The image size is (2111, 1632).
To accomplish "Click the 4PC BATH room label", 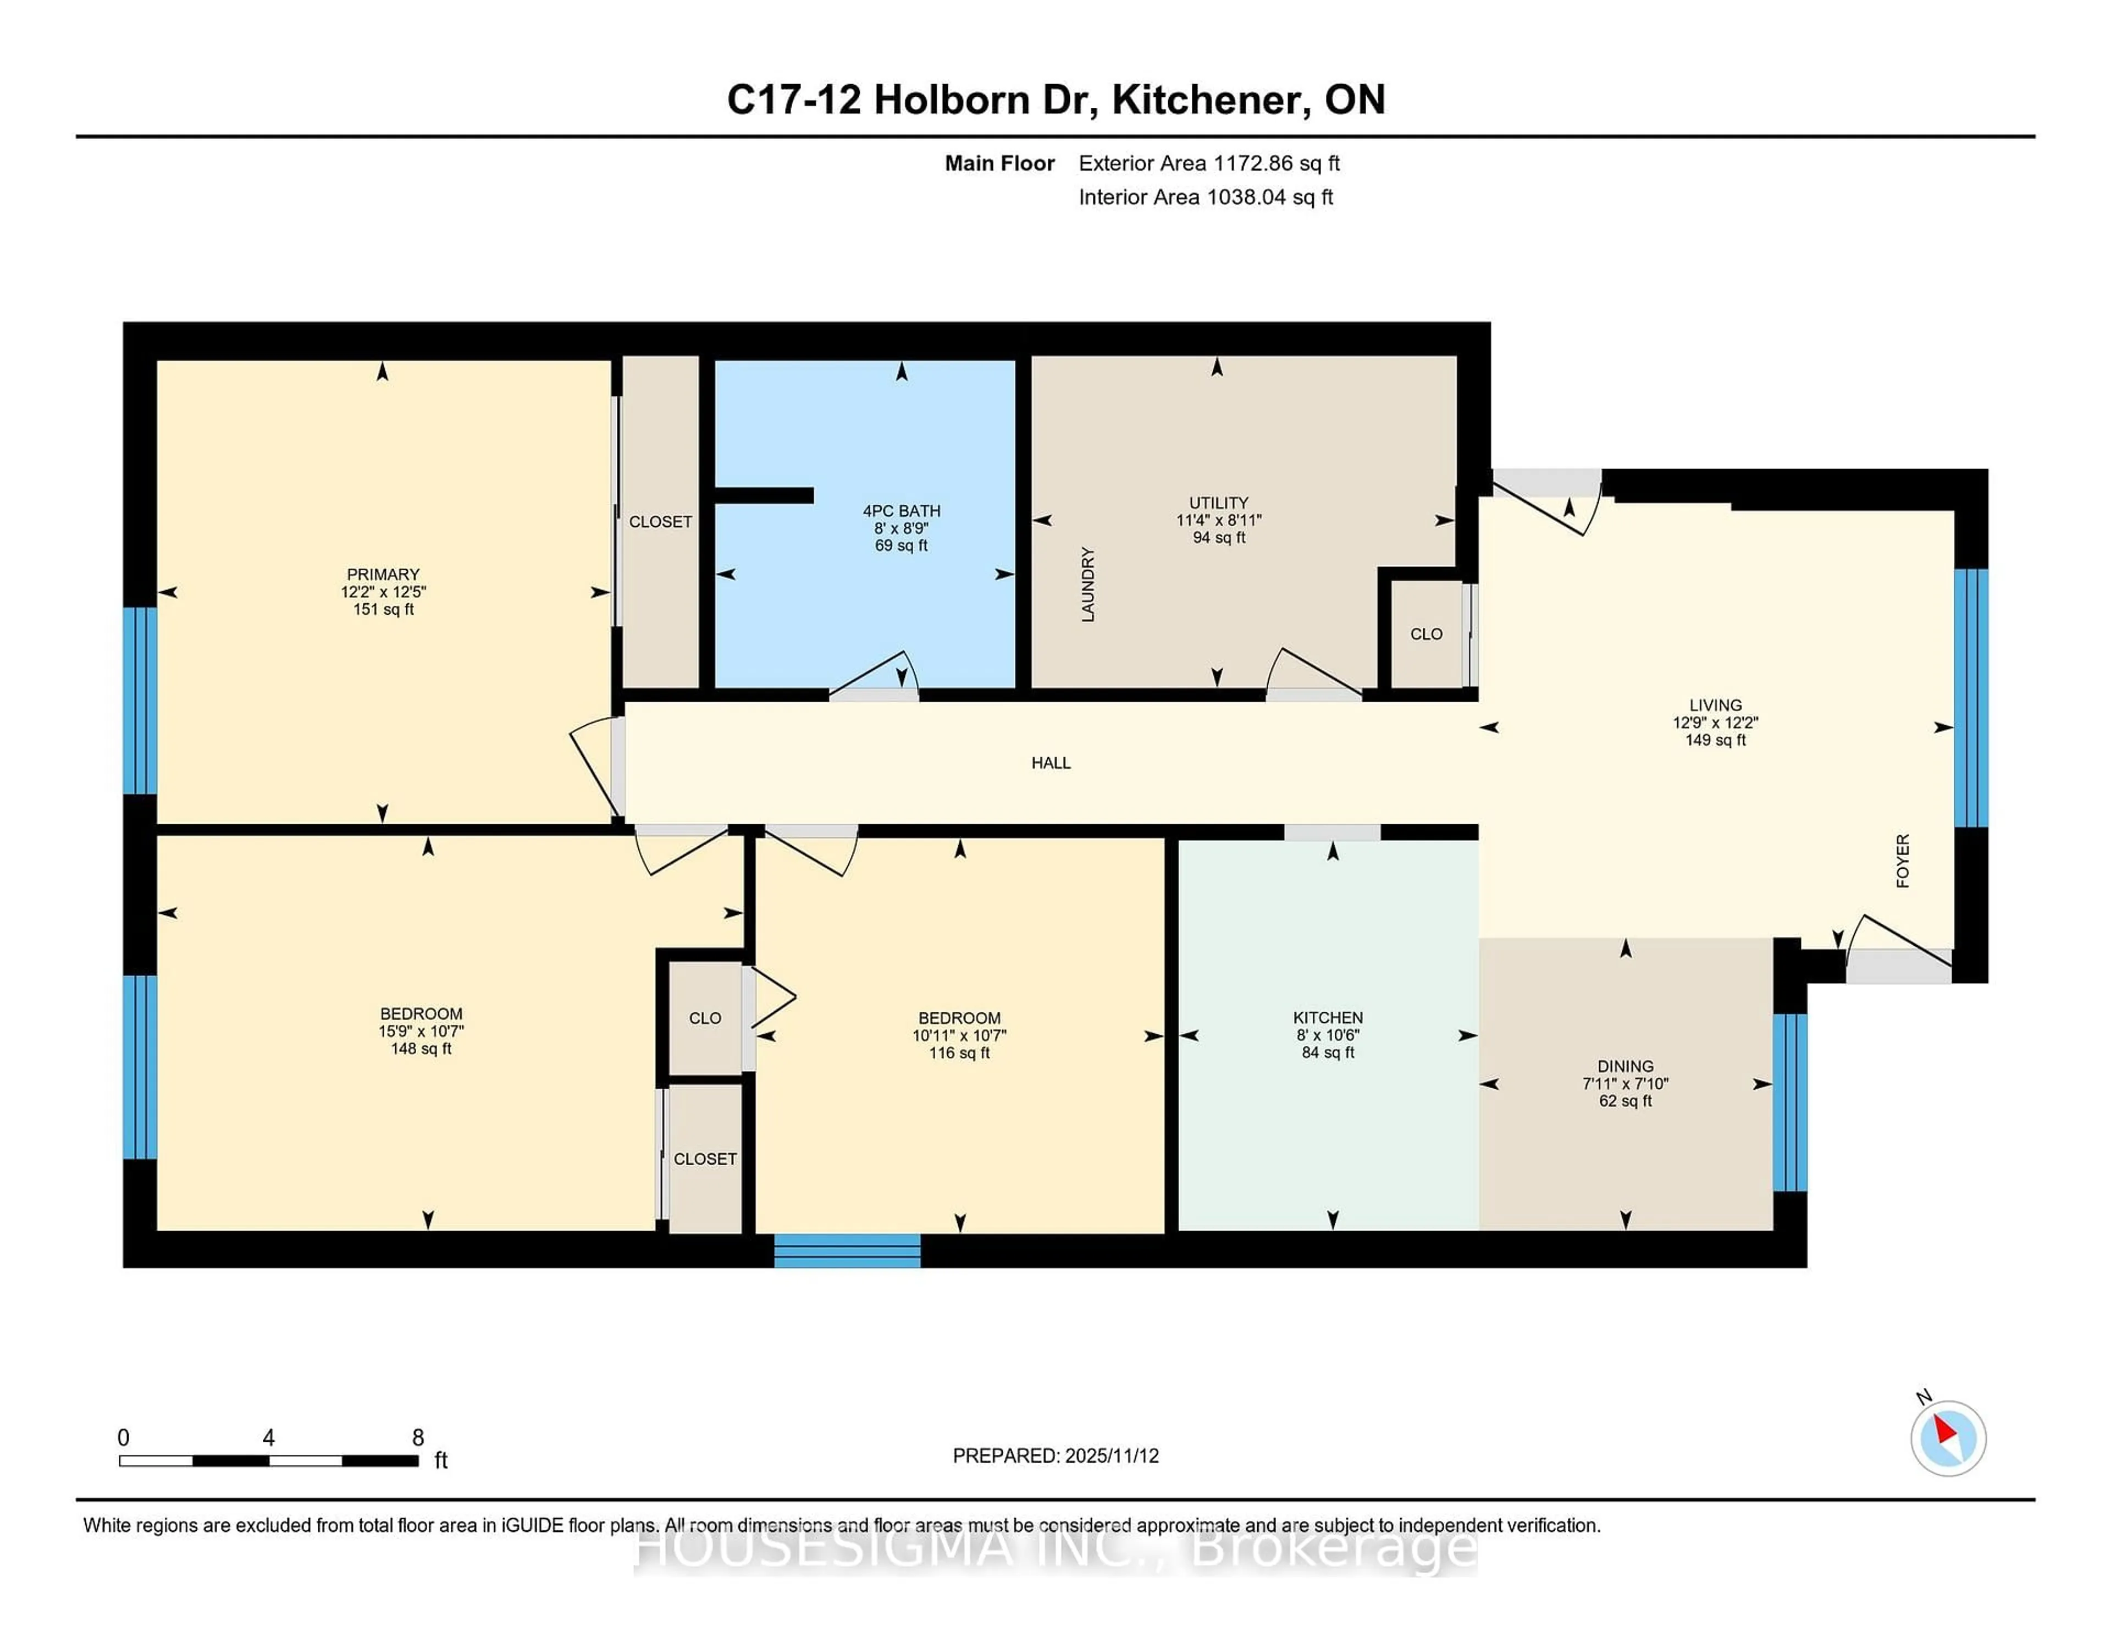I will pos(901,510).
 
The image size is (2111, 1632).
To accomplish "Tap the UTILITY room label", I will pos(1218,503).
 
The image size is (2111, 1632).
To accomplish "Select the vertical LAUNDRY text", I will pos(1087,584).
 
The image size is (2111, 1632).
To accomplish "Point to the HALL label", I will pos(1051,763).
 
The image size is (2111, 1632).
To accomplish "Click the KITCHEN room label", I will pos(1328,1017).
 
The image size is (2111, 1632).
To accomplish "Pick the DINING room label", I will pos(1625,1066).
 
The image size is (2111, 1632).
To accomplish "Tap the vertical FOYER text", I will pos(1902,861).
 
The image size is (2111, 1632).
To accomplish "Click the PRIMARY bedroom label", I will pos(383,574).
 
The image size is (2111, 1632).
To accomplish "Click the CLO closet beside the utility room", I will pos(1425,634).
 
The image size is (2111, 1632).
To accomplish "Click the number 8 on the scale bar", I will pos(418,1438).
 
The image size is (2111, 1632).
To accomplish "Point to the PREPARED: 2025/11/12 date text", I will pos(1055,1455).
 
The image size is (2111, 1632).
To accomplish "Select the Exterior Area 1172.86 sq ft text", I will pos(1209,163).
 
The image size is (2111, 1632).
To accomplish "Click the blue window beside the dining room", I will pos(1789,1102).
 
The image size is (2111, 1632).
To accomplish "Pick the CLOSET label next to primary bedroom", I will pos(660,522).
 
